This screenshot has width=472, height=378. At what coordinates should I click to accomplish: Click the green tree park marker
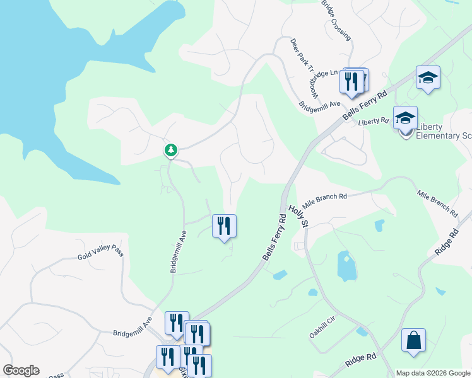click(x=170, y=150)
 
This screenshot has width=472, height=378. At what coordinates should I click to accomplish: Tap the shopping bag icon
click(x=413, y=340)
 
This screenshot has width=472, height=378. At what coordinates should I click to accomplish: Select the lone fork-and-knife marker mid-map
click(x=223, y=226)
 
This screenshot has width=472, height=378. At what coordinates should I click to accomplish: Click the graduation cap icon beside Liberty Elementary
click(x=405, y=117)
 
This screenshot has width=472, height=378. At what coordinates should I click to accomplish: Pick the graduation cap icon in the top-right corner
click(x=428, y=77)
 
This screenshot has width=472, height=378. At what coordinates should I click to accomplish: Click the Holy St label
click(x=298, y=215)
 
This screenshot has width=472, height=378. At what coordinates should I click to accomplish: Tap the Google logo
click(x=21, y=370)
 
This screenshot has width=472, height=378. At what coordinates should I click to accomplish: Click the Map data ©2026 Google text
click(x=434, y=373)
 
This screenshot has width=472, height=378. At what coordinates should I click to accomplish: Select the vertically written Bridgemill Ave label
click(x=177, y=251)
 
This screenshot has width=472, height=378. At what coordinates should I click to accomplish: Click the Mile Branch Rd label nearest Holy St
click(x=324, y=200)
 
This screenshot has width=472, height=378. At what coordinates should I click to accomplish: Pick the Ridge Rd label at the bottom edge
click(x=361, y=361)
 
